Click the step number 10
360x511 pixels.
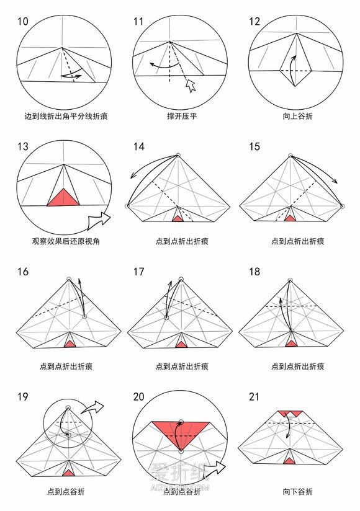pos(23,22)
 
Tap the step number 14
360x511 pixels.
pos(138,146)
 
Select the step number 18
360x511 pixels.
pos(254,272)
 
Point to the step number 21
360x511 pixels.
pos(254,397)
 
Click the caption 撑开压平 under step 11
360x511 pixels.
pos(182,116)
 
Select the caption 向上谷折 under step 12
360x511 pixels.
pos(297,116)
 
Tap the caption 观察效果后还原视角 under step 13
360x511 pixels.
pos(66,241)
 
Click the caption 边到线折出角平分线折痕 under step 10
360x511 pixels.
pos(66,116)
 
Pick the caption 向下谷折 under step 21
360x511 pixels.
pos(297,491)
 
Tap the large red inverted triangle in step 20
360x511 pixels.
pos(181,432)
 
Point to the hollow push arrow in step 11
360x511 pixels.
pos(191,86)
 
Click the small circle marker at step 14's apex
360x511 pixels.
pos(178,155)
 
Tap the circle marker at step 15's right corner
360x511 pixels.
pos(342,206)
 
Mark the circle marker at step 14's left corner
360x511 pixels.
pos(127,206)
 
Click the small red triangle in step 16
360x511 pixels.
pos(69,344)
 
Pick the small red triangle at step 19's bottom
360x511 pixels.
pos(68,473)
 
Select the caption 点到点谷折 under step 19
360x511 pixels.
pos(66,491)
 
